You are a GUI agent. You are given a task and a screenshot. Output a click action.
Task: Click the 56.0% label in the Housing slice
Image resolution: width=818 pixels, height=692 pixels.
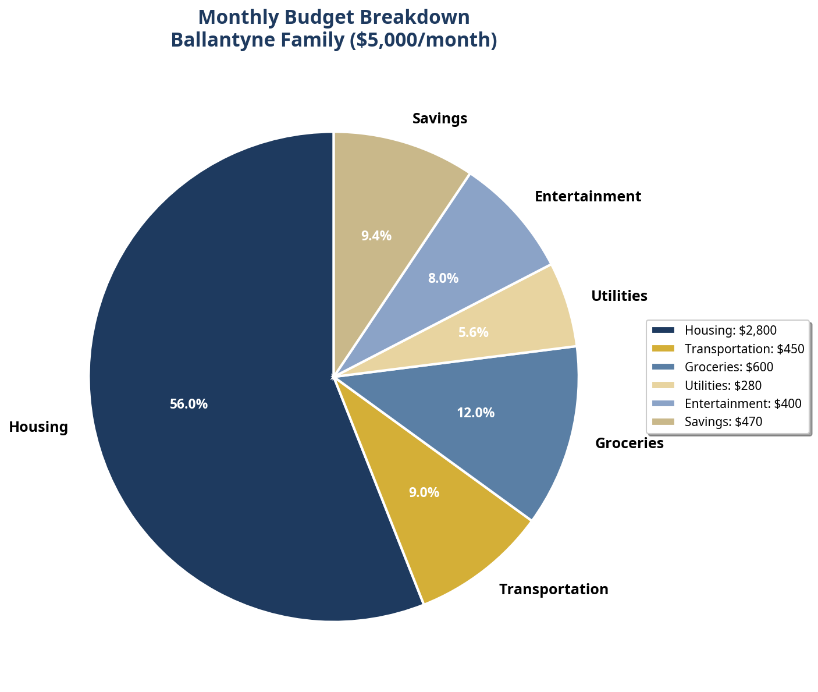189,404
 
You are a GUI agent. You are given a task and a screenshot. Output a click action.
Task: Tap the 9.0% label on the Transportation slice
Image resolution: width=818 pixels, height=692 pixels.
424,492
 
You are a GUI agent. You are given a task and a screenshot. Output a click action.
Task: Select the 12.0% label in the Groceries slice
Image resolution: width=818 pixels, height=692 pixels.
475,413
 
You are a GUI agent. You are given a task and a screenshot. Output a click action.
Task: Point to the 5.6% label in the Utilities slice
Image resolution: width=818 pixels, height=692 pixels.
473,333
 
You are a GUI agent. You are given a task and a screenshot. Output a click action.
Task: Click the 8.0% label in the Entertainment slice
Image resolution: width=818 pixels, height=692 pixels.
443,278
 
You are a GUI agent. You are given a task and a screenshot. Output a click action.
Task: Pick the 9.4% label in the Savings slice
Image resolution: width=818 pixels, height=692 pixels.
376,236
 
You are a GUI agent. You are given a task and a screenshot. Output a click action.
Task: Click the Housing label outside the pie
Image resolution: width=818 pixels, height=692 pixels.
39,427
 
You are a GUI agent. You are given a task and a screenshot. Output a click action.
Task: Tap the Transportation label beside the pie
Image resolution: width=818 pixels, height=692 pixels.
553,589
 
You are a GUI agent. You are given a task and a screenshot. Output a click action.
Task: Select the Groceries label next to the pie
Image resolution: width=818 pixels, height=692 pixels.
629,443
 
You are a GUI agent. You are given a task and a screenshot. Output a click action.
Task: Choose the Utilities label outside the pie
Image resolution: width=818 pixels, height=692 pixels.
619,296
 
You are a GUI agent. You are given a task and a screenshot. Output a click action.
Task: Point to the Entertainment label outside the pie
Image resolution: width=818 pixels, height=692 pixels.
588,196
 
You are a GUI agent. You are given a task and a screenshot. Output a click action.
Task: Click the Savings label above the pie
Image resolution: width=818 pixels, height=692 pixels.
439,118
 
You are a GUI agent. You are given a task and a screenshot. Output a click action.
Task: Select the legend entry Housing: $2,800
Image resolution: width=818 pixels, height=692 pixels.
730,330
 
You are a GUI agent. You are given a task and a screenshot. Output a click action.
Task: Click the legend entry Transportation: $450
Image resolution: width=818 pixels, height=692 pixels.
744,349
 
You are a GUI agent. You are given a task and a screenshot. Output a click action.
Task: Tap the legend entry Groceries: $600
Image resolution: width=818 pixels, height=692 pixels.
728,367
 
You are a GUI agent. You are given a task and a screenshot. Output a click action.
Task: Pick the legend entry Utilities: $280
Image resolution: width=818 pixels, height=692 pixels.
723,385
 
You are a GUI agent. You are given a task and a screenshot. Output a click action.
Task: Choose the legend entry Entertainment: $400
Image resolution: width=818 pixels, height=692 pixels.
743,403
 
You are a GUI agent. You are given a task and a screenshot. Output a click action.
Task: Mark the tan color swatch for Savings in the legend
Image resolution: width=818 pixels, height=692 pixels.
663,421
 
